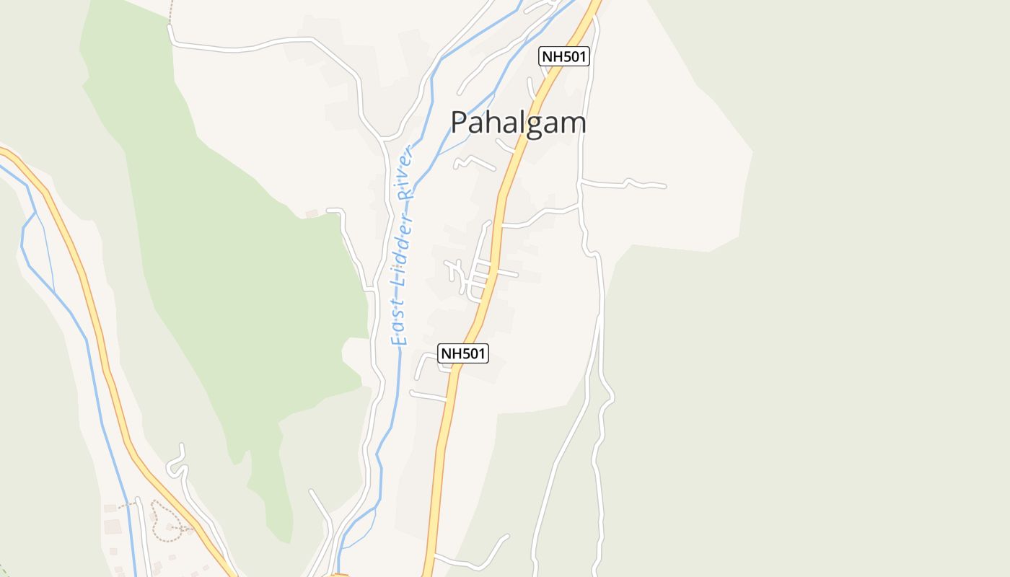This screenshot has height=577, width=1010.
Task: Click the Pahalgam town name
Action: tap(518, 123)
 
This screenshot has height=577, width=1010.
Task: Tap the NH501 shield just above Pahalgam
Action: tap(564, 56)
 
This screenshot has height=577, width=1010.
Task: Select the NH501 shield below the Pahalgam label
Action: tap(463, 353)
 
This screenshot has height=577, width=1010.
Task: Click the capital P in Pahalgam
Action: tap(459, 123)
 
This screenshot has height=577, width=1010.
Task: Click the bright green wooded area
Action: tap(238, 274)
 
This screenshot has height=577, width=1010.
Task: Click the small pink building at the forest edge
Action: tap(311, 213)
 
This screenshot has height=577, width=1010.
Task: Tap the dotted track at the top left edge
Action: tap(171, 11)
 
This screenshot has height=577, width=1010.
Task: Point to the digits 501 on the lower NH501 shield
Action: tap(473, 353)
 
